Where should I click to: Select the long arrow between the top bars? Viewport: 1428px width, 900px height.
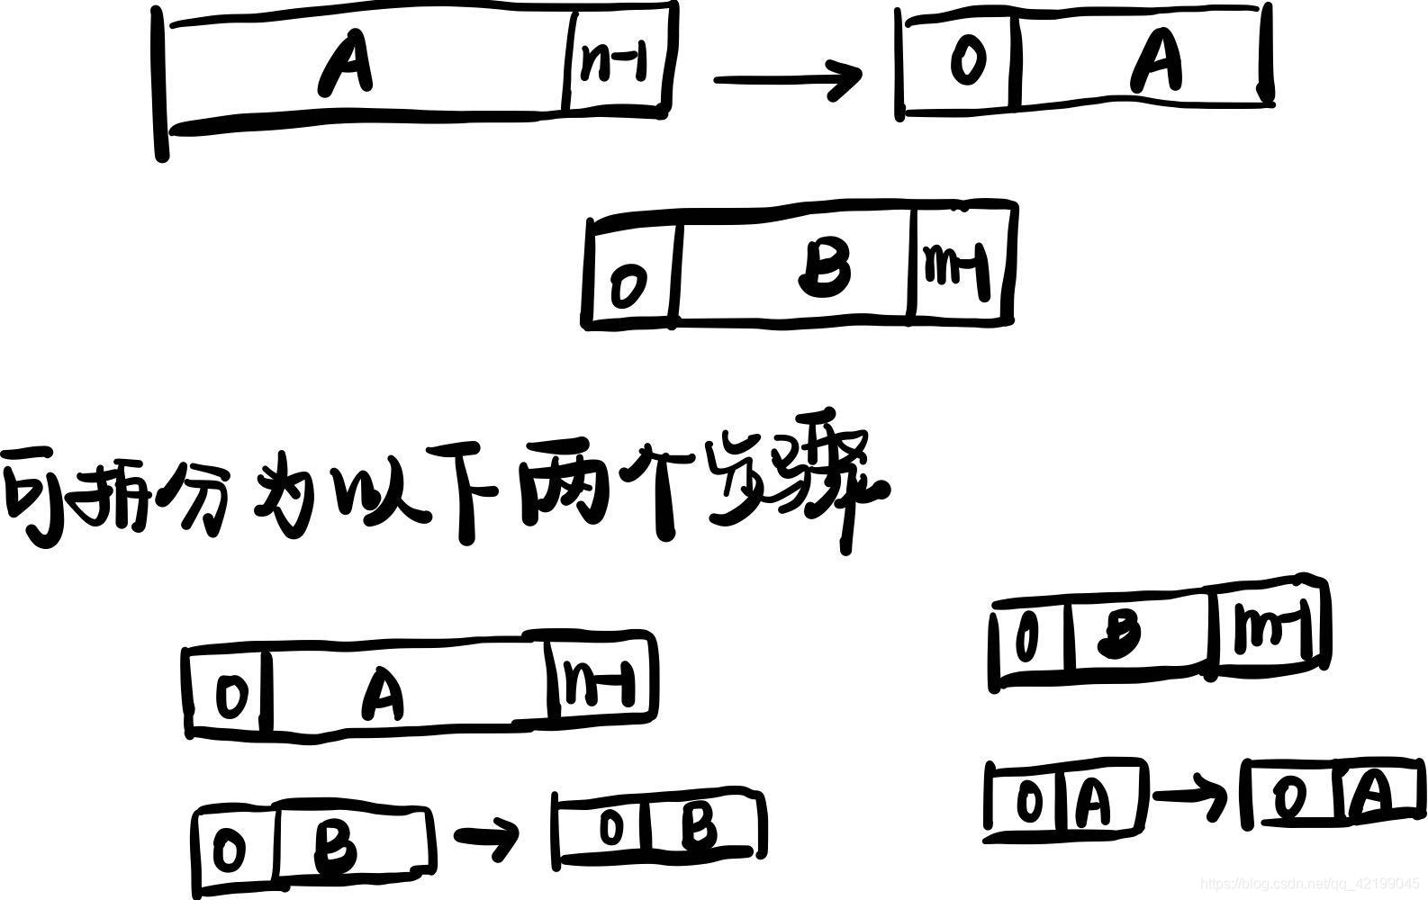pos(787,79)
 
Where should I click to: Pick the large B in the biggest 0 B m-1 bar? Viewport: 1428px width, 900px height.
pos(825,269)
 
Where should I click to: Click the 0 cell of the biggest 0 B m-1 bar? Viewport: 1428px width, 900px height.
pos(628,285)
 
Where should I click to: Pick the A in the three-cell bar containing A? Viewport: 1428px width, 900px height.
pos(384,696)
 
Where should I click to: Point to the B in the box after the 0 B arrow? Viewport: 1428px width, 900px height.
pos(699,826)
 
